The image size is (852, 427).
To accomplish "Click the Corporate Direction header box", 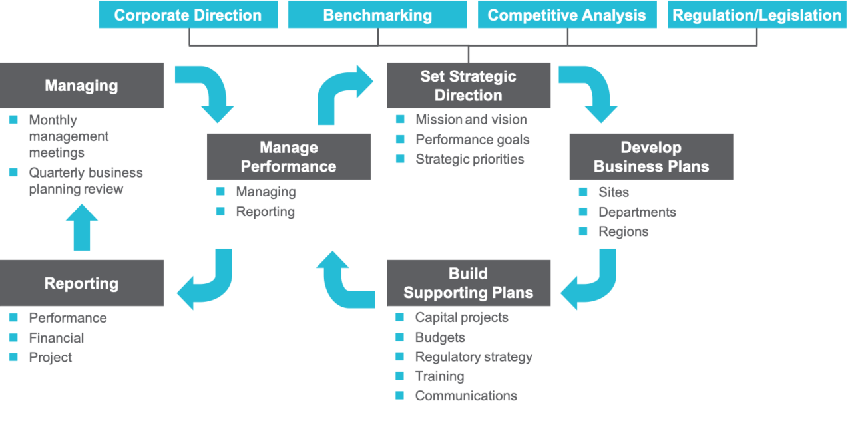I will click(188, 15).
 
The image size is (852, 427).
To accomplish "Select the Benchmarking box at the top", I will click(377, 15).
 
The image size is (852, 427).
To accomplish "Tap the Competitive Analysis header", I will click(566, 15).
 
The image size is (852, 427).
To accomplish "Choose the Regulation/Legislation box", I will click(757, 15).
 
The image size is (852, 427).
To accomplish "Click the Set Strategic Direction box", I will click(468, 86).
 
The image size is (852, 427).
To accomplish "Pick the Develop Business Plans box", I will click(651, 157).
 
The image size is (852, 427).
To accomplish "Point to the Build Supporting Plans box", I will click(468, 283).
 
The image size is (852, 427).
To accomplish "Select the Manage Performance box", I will click(288, 157).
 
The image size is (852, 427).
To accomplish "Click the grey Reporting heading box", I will click(81, 283).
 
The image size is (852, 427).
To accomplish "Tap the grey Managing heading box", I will click(81, 86).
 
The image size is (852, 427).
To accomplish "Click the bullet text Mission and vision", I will click(471, 120).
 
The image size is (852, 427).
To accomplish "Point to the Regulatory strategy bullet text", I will click(473, 356).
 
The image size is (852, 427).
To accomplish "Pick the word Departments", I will click(637, 212).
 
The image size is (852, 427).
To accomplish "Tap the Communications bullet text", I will click(466, 396).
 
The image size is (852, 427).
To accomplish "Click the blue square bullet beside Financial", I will click(13, 338).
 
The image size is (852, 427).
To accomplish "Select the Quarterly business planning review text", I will click(86, 181).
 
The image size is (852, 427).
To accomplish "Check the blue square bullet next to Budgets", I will click(399, 337).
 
